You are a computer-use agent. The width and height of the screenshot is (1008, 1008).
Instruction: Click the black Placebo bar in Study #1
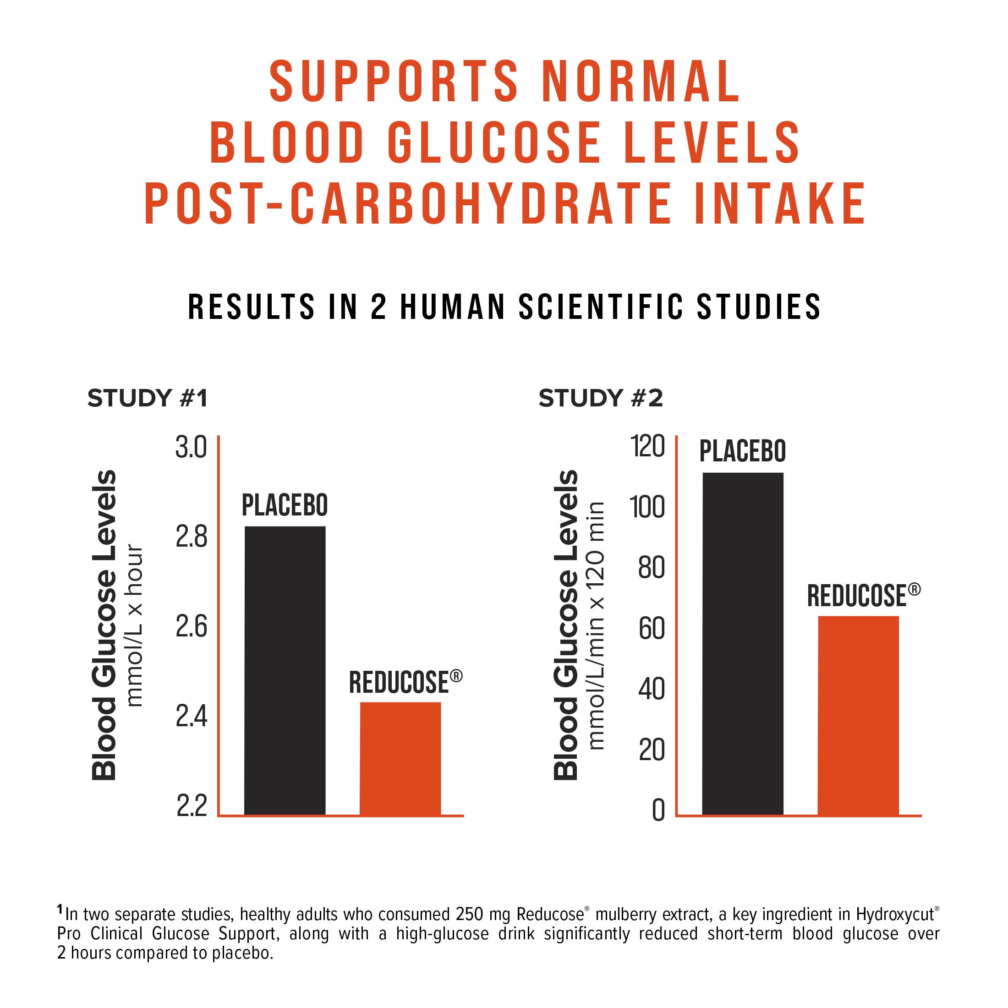285,670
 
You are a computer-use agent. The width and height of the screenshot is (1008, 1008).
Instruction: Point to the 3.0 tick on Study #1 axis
191,447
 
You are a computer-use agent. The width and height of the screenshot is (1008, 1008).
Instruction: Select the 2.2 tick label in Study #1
191,805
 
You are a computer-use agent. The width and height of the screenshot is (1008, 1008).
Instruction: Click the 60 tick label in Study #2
651,628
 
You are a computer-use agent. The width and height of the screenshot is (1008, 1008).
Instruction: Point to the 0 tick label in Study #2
658,810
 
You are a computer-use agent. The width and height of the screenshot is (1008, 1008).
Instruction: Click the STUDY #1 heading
148,398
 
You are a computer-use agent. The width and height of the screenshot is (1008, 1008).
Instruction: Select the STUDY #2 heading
601,398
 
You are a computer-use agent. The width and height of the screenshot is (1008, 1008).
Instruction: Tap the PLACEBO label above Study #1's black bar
285,505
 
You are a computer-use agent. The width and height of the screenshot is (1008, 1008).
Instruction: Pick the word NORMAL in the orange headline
641,82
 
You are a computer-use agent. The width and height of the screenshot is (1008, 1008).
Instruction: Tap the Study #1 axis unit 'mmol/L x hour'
134,625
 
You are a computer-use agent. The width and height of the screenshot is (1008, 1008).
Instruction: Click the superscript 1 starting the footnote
60,909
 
